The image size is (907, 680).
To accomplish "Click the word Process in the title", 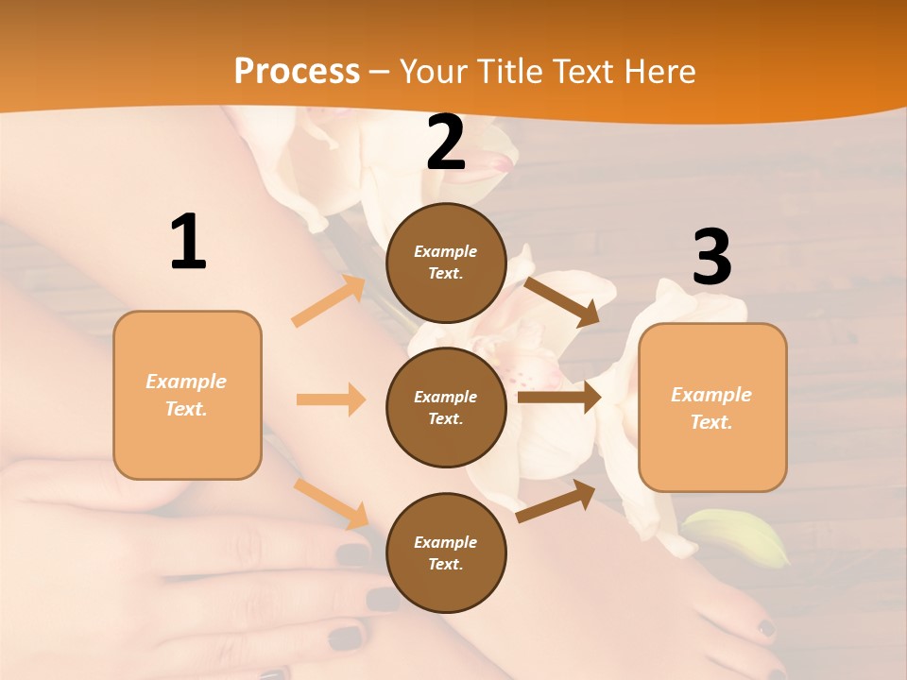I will [297, 71].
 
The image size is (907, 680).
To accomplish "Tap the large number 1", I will [188, 242].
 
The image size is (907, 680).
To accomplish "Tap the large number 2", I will [446, 143].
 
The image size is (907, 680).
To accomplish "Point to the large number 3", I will [711, 257].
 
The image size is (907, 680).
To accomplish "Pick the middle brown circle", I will [446, 407].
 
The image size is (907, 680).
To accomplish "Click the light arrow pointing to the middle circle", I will [331, 399].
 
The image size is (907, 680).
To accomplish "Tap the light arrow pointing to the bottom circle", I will [332, 503].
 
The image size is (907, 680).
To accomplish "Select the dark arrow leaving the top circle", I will [562, 301].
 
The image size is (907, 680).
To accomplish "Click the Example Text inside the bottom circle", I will [446, 553].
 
